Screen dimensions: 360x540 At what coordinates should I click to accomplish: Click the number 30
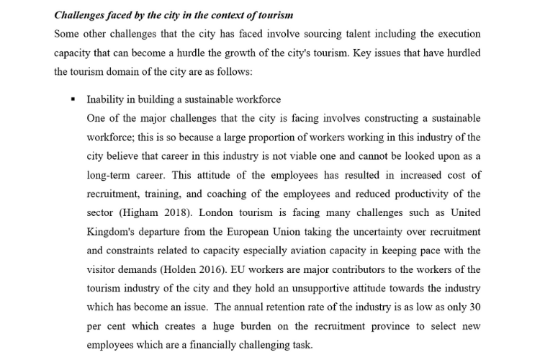(x=474, y=306)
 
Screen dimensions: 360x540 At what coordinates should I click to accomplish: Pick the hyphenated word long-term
(x=109, y=175)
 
